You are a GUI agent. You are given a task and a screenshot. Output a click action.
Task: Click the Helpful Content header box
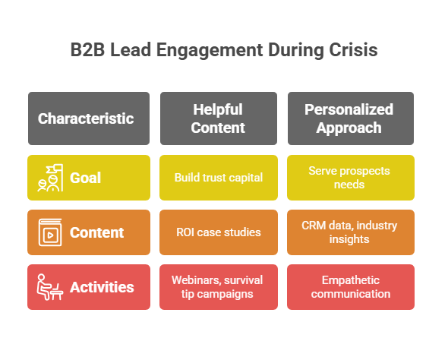218,118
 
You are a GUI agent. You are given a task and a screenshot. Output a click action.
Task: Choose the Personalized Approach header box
350,118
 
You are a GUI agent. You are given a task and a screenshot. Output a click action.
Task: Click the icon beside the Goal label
49,178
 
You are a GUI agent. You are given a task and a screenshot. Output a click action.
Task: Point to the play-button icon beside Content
49,232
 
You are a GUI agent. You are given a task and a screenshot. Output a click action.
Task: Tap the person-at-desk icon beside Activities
49,287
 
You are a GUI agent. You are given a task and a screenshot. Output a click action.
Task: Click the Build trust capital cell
218,178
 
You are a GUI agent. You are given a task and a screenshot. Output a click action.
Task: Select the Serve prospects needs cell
350,178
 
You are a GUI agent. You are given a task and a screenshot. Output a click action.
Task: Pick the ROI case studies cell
218,232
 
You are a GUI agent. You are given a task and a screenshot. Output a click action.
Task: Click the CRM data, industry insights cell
350,232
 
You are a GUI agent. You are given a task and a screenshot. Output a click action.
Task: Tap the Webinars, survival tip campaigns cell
218,287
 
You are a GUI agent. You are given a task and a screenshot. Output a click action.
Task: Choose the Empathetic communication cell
350,287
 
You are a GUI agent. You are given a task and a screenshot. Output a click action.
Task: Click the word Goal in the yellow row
86,178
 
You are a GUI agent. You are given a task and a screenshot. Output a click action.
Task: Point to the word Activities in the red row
102,287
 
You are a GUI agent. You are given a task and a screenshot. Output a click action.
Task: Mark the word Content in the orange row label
96,232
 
